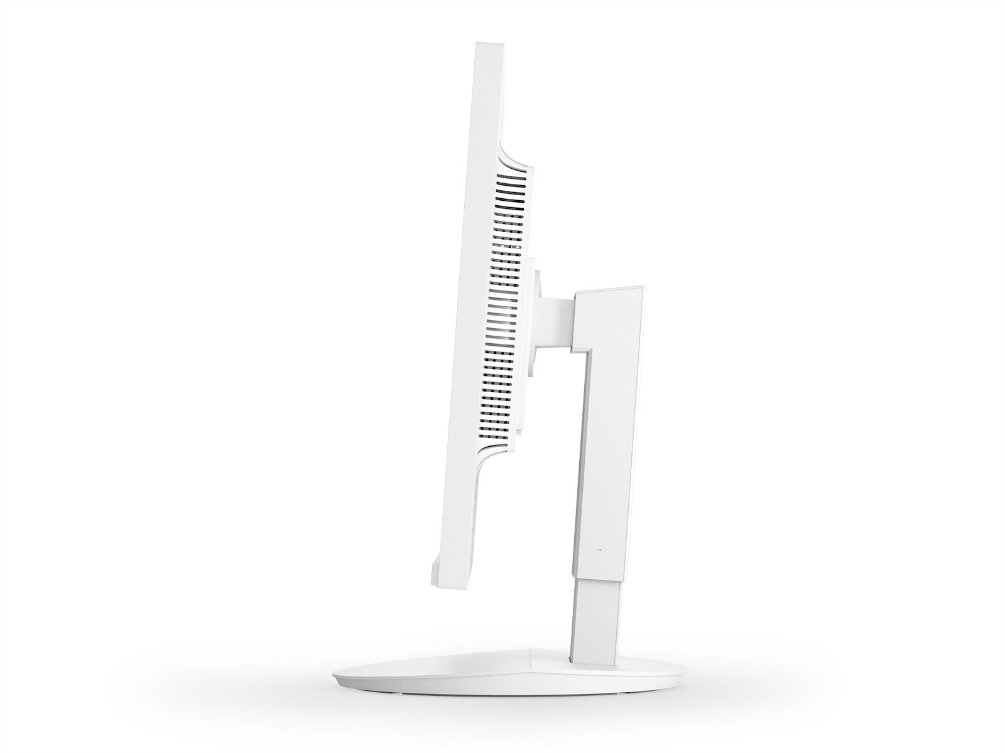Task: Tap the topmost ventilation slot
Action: tap(513, 178)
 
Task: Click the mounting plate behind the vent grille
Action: tap(526, 314)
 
